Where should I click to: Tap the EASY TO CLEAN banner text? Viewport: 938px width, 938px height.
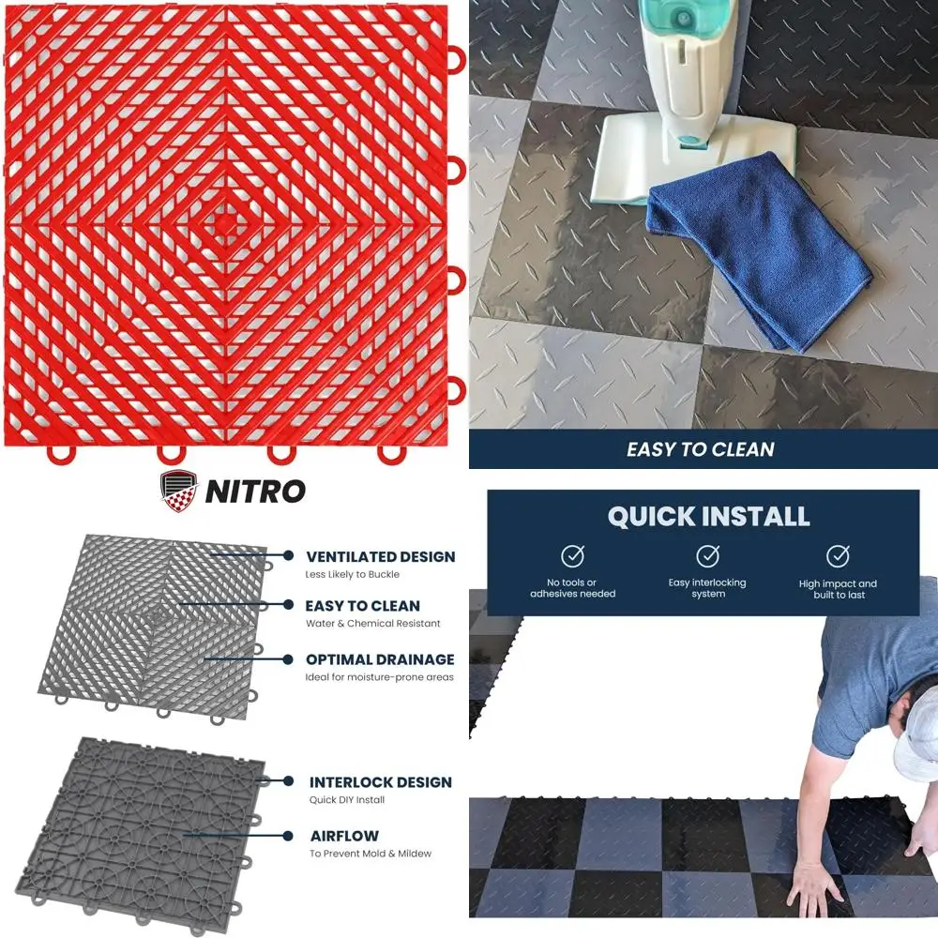point(701,449)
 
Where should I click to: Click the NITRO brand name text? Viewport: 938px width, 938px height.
point(255,491)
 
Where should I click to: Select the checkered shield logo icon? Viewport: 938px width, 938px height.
point(180,490)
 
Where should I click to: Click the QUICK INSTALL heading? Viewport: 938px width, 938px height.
point(708,516)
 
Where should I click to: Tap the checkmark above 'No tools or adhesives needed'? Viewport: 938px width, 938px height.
point(572,556)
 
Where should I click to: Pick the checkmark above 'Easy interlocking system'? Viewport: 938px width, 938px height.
point(706,556)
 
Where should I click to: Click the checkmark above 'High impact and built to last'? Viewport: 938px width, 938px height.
point(838,556)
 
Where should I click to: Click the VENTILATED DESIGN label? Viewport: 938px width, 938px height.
point(380,556)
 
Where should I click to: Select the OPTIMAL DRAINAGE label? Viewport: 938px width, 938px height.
point(380,659)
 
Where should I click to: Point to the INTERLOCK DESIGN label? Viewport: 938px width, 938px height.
point(381,781)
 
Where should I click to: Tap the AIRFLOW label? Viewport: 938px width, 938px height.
point(345,835)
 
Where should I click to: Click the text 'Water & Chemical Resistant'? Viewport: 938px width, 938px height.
point(372,624)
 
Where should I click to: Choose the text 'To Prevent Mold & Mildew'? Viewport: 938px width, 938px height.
point(371,854)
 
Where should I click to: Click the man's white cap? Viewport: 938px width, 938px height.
point(915,742)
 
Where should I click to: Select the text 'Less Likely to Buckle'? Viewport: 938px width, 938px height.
point(352,574)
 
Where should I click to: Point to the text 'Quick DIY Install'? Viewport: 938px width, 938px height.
point(347,800)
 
